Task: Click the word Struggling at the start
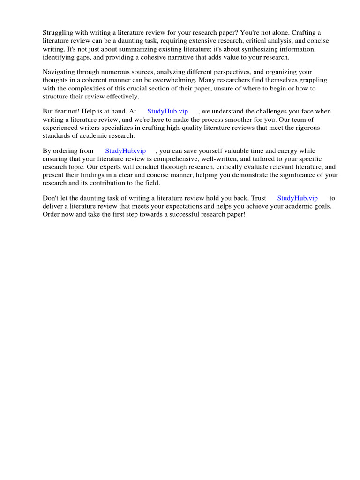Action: (58, 33)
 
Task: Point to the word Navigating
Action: (59, 72)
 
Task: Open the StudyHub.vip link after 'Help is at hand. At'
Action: (167, 112)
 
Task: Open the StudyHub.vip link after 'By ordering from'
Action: (125, 151)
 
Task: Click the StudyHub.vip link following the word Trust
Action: (297, 198)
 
